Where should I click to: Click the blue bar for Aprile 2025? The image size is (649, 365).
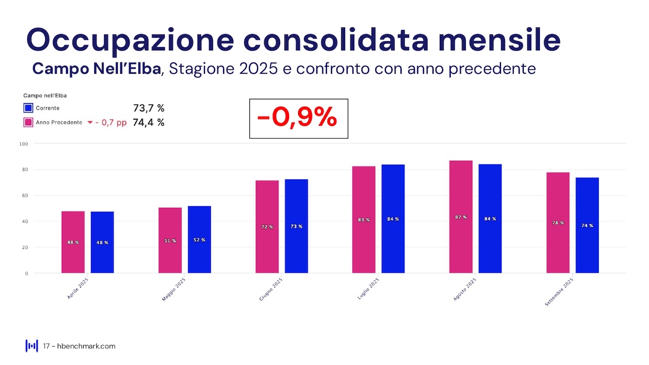[102, 242]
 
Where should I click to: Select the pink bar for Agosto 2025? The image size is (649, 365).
[461, 217]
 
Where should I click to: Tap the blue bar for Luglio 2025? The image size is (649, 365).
[393, 219]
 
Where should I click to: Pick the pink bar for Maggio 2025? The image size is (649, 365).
[170, 240]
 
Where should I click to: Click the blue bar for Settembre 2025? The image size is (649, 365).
[587, 225]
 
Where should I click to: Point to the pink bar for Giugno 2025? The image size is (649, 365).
[267, 227]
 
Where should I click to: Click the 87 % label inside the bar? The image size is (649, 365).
[461, 217]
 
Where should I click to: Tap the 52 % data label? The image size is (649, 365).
[199, 240]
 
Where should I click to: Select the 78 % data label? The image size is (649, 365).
[558, 223]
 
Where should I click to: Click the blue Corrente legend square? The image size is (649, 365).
[28, 108]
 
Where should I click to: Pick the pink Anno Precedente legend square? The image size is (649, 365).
[28, 123]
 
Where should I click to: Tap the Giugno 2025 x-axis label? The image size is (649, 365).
[271, 289]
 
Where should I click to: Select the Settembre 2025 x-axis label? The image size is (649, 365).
[559, 291]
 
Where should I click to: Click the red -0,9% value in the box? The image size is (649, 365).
[297, 118]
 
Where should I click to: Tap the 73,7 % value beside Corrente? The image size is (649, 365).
[149, 108]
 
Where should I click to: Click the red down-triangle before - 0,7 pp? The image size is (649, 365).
[90, 123]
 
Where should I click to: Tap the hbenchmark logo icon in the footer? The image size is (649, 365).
[31, 346]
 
